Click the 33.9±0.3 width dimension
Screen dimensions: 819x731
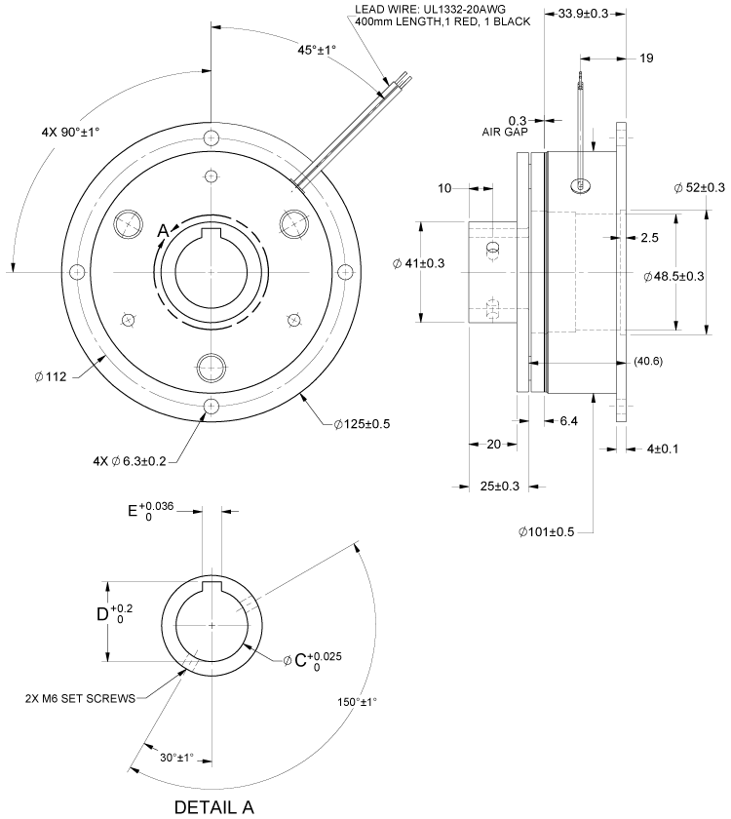pos(583,14)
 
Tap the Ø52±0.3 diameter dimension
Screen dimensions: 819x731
pos(699,187)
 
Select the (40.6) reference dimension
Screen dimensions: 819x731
pos(649,362)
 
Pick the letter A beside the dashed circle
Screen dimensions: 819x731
pos(164,230)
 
